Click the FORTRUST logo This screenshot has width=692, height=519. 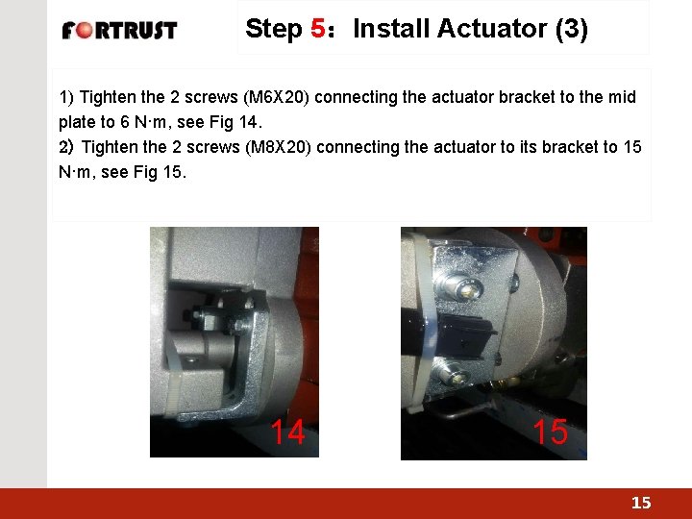119,31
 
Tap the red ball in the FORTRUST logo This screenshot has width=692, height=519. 84,31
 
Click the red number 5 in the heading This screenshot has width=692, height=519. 318,28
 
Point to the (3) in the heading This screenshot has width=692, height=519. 572,29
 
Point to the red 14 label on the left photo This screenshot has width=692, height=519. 287,432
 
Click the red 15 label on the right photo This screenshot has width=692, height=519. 550,431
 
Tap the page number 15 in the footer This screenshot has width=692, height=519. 641,503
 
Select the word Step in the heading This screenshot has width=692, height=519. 274,29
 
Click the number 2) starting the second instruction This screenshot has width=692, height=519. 66,147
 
